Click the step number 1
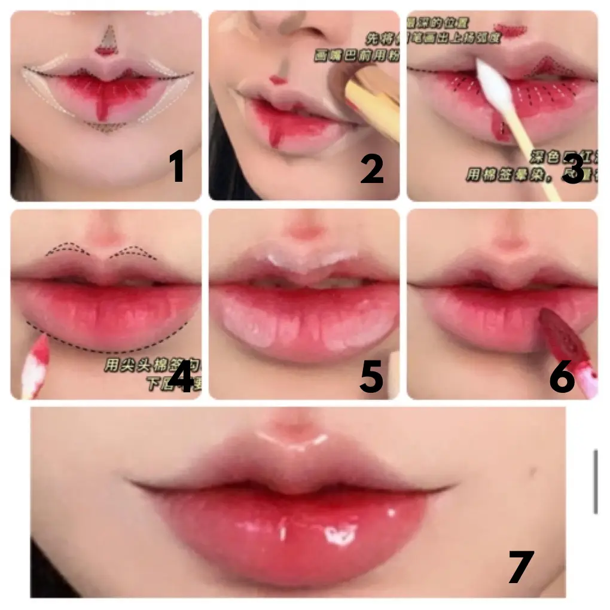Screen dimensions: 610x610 [176, 167]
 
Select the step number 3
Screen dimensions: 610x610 [572, 169]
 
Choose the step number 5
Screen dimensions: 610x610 [371, 378]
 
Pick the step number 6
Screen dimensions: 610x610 [562, 378]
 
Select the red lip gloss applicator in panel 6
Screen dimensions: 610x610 [562, 341]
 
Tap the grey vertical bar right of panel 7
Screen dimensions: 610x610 [595, 482]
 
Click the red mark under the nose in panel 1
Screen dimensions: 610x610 [106, 51]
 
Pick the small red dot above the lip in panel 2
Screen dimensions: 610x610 [276, 78]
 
